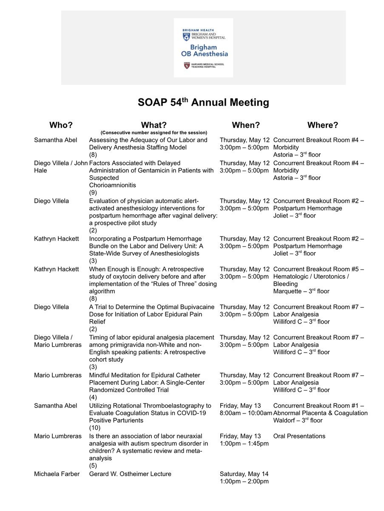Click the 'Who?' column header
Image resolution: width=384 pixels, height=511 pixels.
click(x=61, y=125)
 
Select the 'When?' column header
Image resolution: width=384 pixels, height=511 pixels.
click(x=245, y=125)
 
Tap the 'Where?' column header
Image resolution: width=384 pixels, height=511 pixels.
click(x=323, y=125)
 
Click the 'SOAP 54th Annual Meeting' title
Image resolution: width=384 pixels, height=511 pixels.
click(x=203, y=103)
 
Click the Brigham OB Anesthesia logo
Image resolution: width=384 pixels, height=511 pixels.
click(x=203, y=47)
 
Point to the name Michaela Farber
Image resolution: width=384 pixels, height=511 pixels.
click(x=57, y=474)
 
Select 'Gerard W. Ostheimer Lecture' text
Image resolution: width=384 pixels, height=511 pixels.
click(x=130, y=474)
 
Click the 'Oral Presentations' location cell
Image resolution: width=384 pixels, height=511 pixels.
click(x=299, y=436)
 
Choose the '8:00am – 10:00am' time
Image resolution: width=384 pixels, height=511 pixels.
click(x=246, y=413)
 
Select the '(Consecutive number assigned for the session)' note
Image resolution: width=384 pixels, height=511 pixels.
click(x=154, y=132)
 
